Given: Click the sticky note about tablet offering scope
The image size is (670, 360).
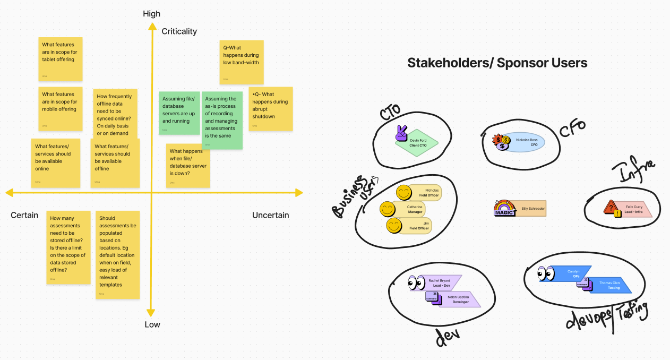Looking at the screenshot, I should click(x=61, y=58).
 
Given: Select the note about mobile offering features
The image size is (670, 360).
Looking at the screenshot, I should click(x=61, y=108).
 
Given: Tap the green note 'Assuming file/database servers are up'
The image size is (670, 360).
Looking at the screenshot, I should click(x=179, y=112).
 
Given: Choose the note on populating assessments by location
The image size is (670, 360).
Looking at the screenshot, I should click(x=118, y=254).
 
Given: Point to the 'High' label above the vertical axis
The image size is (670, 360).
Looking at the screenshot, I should click(x=151, y=14).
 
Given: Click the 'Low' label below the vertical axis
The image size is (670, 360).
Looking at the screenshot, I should click(x=152, y=324).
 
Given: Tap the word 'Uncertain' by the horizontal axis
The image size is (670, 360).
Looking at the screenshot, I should click(x=270, y=215).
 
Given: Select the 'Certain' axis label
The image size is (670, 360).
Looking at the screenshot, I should click(x=24, y=215).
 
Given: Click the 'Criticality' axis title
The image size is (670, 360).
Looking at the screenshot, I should click(x=179, y=31).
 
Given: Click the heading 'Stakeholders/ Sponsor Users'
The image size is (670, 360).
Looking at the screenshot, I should click(x=497, y=63).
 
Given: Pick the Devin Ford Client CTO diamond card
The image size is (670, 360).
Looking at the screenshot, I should click(x=418, y=142).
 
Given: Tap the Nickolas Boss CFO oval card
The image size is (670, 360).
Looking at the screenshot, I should click(x=523, y=142).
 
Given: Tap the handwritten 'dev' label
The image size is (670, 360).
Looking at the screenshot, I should click(x=447, y=338).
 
